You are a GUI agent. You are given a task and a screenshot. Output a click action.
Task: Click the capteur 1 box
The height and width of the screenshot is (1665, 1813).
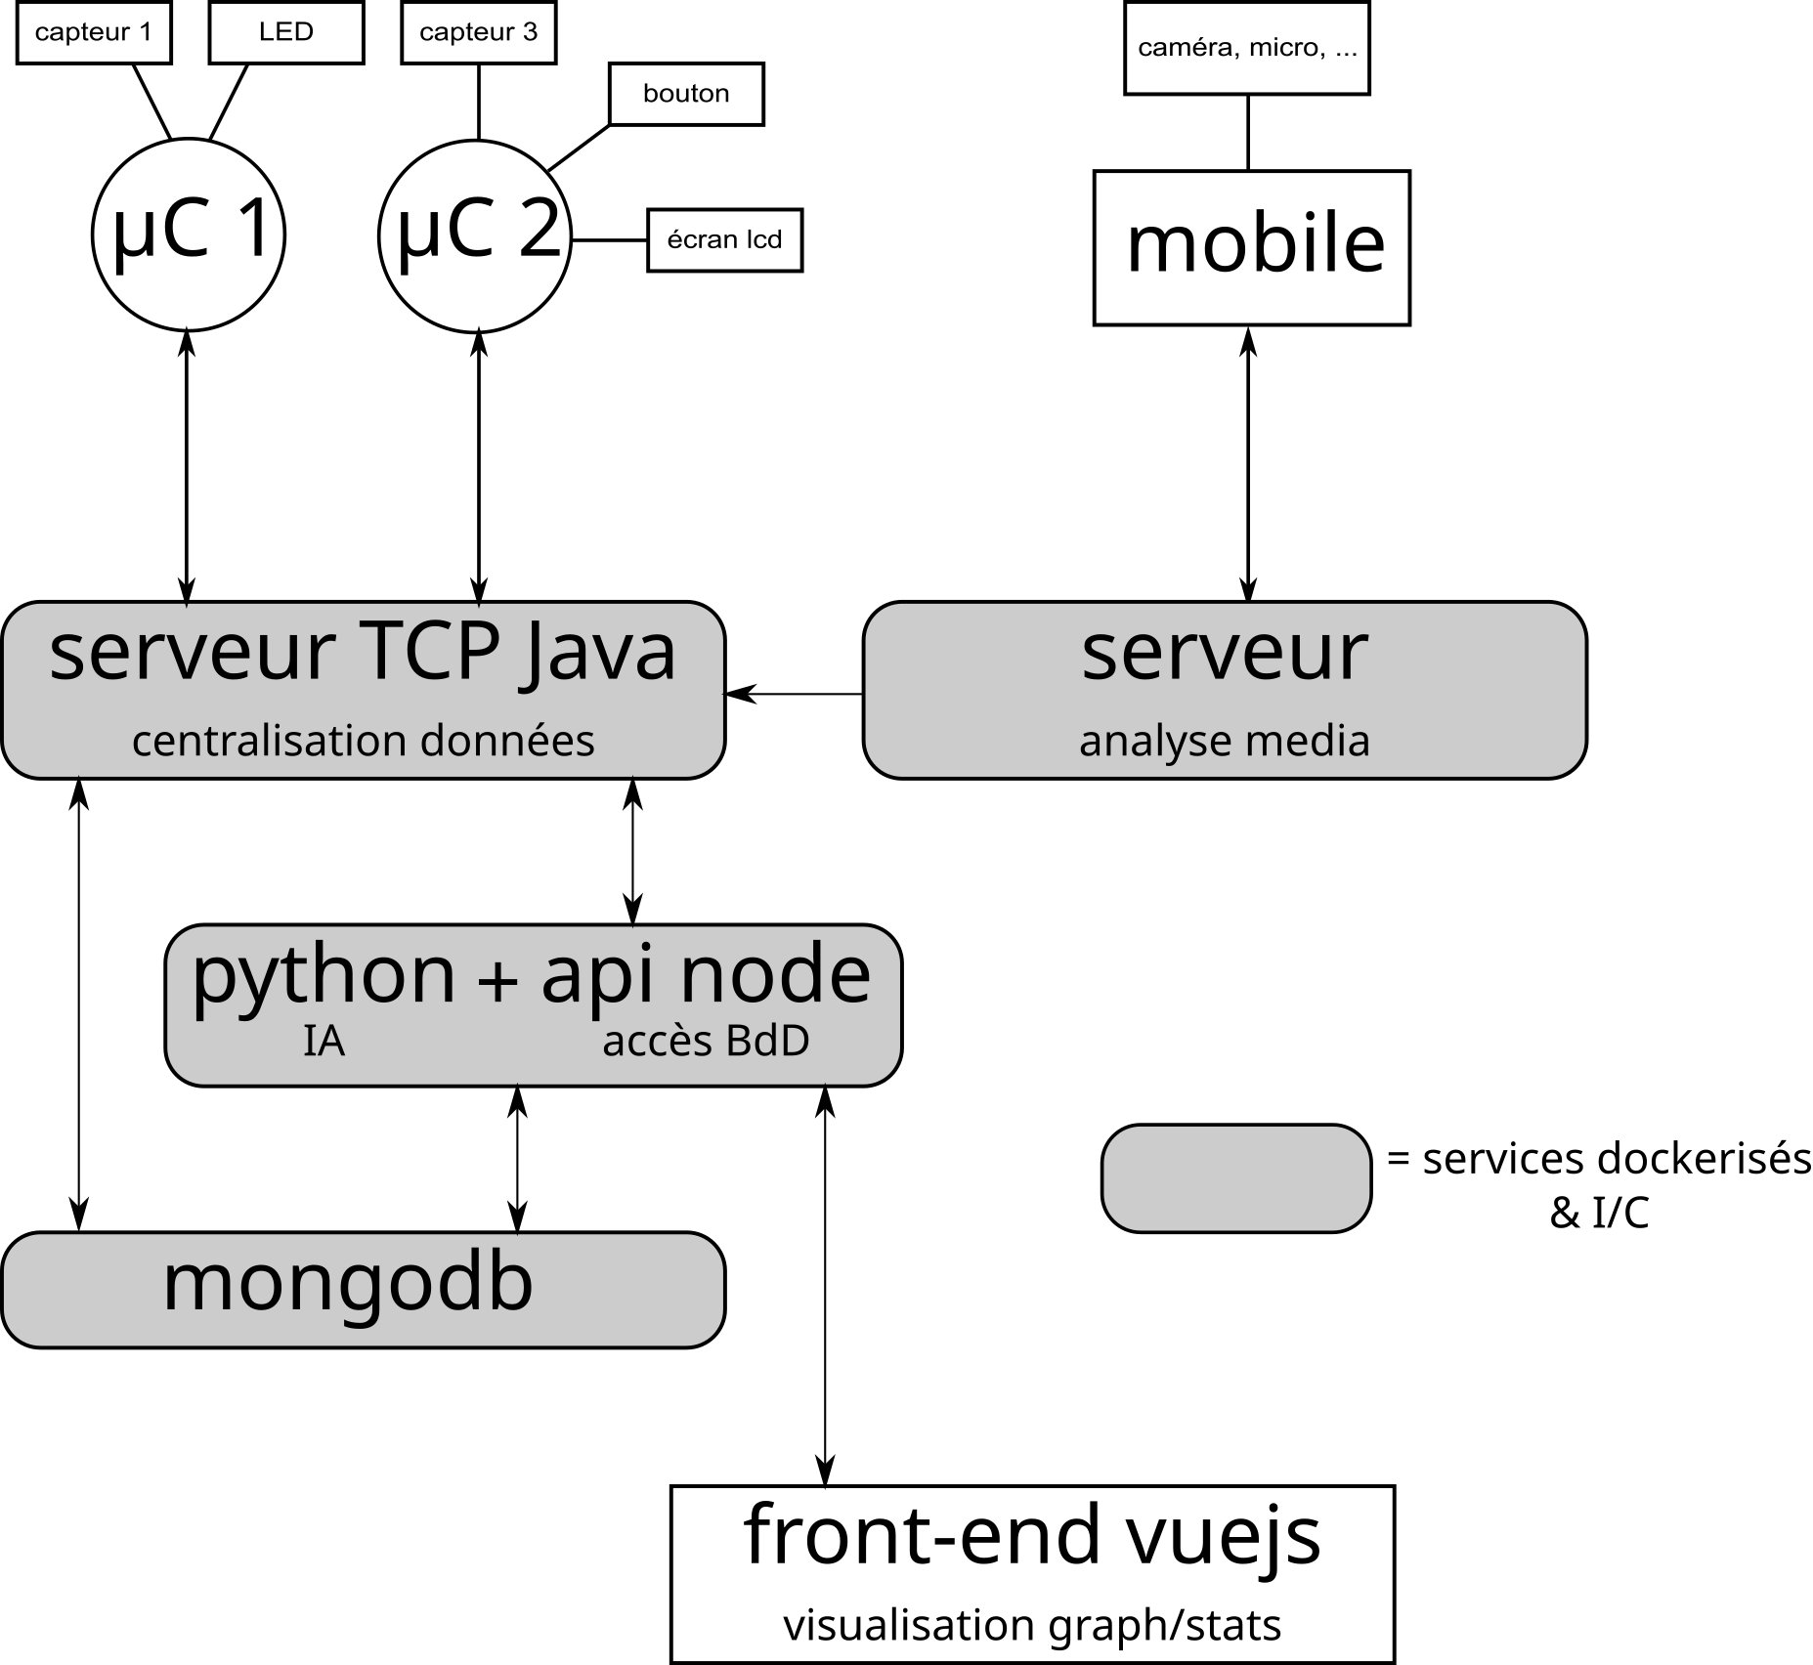tap(94, 33)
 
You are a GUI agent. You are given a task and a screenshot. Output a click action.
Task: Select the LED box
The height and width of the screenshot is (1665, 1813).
tap(286, 33)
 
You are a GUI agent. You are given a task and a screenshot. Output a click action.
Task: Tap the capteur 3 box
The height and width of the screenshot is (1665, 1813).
tap(478, 33)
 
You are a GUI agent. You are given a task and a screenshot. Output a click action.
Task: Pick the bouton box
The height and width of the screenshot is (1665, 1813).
tap(686, 94)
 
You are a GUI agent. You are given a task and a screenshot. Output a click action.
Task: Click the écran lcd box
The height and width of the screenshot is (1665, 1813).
tap(724, 240)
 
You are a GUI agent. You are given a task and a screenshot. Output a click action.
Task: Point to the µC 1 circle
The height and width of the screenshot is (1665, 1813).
tap(188, 235)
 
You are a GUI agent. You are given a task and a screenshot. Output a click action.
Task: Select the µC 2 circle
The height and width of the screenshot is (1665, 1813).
tap(475, 235)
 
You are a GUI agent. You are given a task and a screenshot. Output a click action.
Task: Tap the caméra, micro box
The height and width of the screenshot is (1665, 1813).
tap(1247, 49)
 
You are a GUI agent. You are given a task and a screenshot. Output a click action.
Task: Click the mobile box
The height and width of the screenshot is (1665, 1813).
tap(1251, 247)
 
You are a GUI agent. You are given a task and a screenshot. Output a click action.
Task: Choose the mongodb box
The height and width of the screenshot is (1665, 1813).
tap(363, 1289)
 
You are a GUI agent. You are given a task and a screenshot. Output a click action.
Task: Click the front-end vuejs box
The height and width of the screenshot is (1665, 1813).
tap(1032, 1573)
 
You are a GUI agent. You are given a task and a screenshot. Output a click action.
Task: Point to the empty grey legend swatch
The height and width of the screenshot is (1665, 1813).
tap(1235, 1177)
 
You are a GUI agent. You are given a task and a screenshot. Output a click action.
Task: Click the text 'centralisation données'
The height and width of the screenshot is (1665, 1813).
tap(363, 741)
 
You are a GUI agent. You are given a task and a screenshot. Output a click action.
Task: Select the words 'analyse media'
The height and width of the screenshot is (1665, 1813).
tap(1224, 741)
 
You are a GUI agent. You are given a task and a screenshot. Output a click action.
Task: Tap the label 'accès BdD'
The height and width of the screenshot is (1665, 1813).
tap(706, 1042)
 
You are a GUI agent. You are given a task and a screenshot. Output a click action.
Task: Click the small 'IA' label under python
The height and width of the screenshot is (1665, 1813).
tap(324, 1042)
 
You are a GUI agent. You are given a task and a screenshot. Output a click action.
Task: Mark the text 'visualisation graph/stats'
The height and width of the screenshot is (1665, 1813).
tap(1032, 1626)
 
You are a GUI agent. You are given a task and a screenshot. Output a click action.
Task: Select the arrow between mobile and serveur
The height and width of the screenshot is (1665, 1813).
tap(1248, 464)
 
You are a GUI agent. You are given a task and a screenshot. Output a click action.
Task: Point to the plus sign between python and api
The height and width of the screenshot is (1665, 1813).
tap(497, 981)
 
